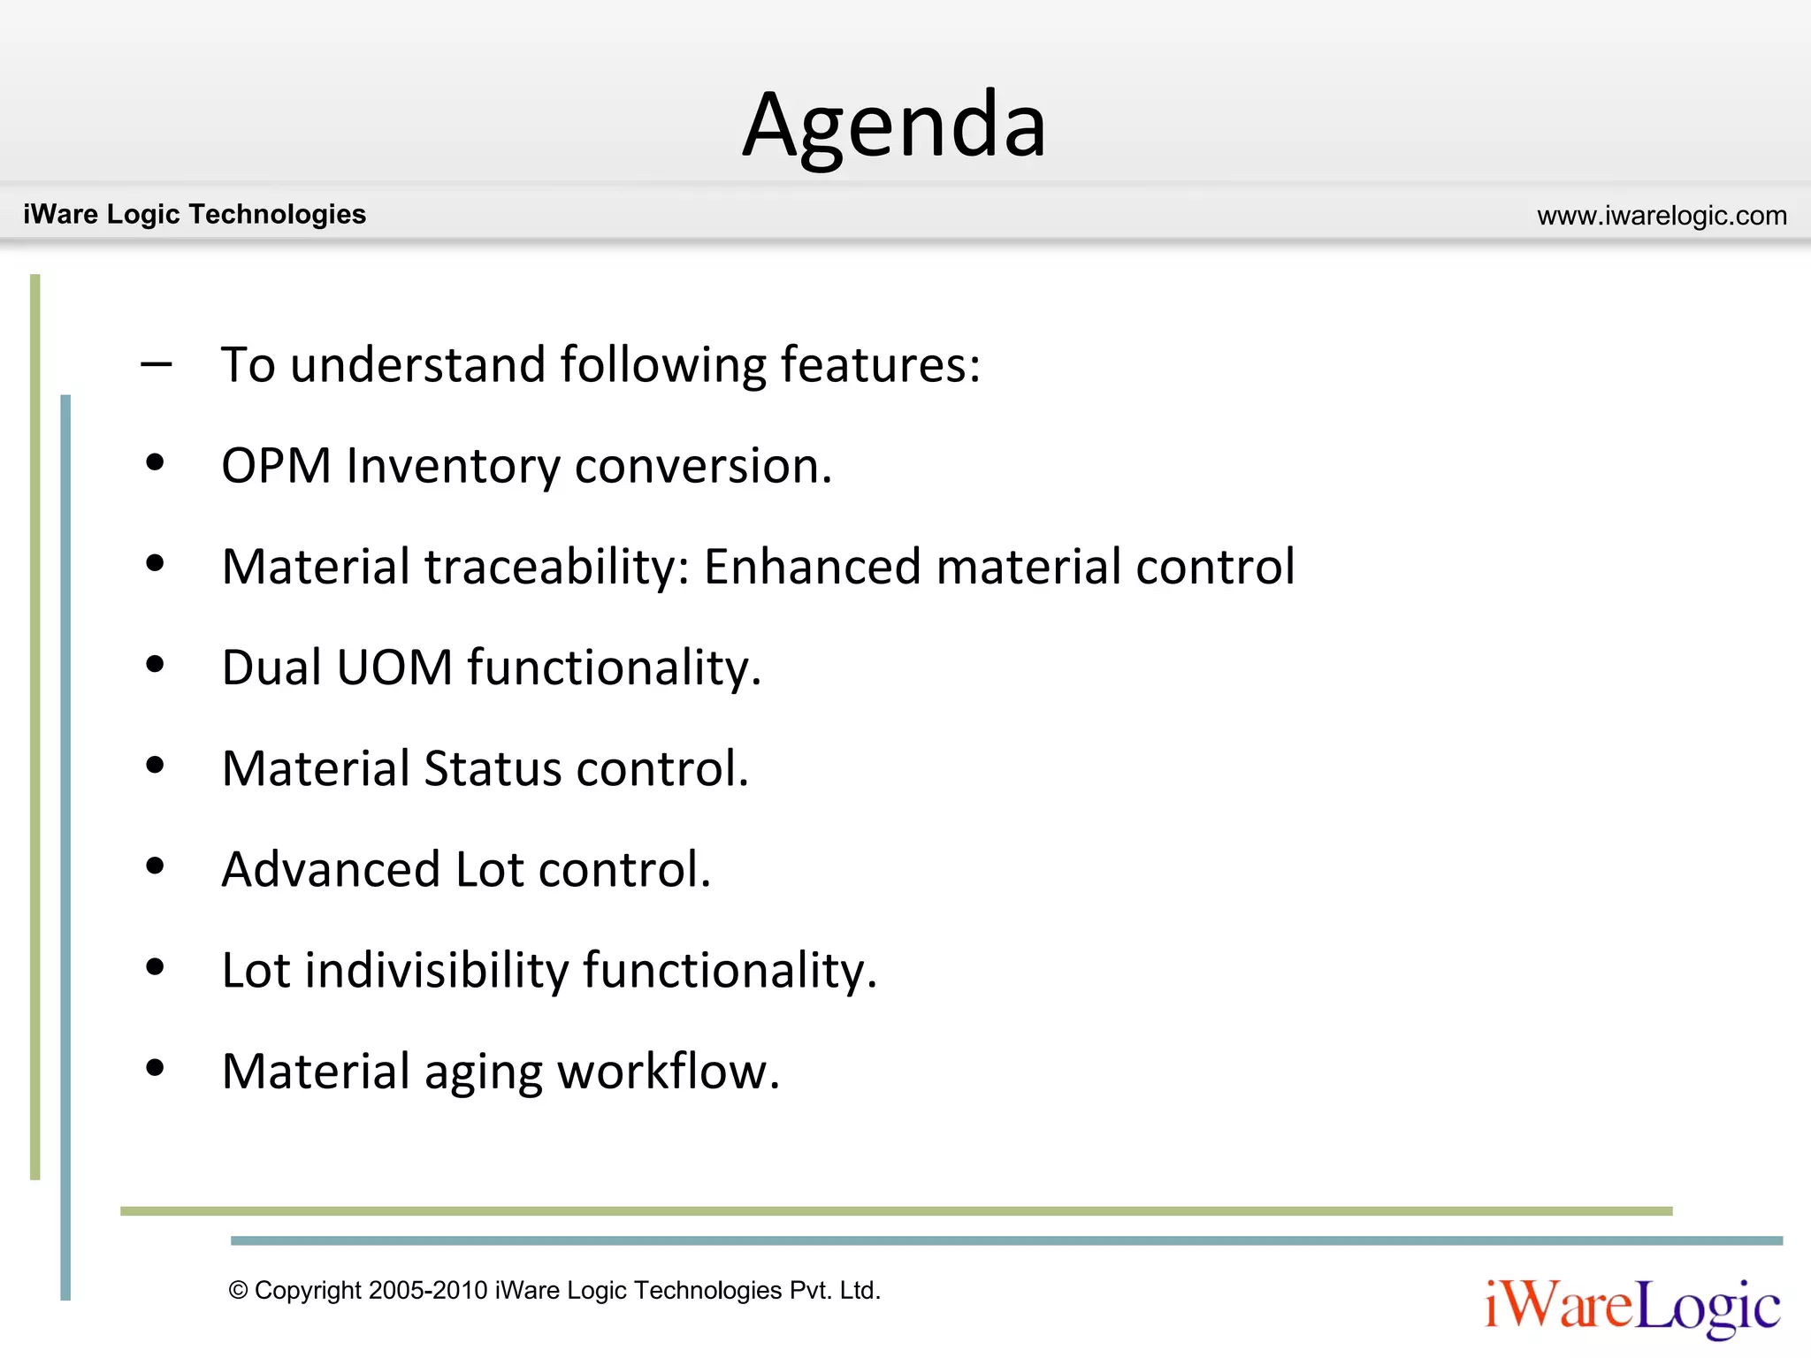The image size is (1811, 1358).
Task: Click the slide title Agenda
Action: coord(894,126)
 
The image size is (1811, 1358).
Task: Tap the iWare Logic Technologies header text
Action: coord(195,214)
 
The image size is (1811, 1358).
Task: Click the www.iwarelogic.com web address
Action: coord(1662,216)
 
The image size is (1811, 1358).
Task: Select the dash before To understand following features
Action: coord(157,363)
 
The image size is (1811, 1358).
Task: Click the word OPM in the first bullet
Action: coord(276,466)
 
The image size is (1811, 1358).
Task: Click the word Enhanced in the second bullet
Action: coord(812,567)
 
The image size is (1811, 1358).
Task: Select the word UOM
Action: coord(394,668)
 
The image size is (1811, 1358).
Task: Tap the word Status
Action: coord(493,768)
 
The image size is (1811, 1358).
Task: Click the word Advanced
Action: coord(331,869)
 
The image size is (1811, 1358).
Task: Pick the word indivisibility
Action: coord(437,970)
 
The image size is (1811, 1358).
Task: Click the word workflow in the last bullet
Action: coord(668,1072)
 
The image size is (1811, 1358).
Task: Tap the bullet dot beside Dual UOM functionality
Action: coord(156,664)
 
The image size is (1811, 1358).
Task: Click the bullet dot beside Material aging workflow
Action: coord(156,1068)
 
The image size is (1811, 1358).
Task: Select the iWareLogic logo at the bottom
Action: coord(1632,1306)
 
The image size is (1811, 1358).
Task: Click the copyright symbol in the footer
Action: coord(238,1290)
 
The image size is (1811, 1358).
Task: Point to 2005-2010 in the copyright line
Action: coord(428,1290)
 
